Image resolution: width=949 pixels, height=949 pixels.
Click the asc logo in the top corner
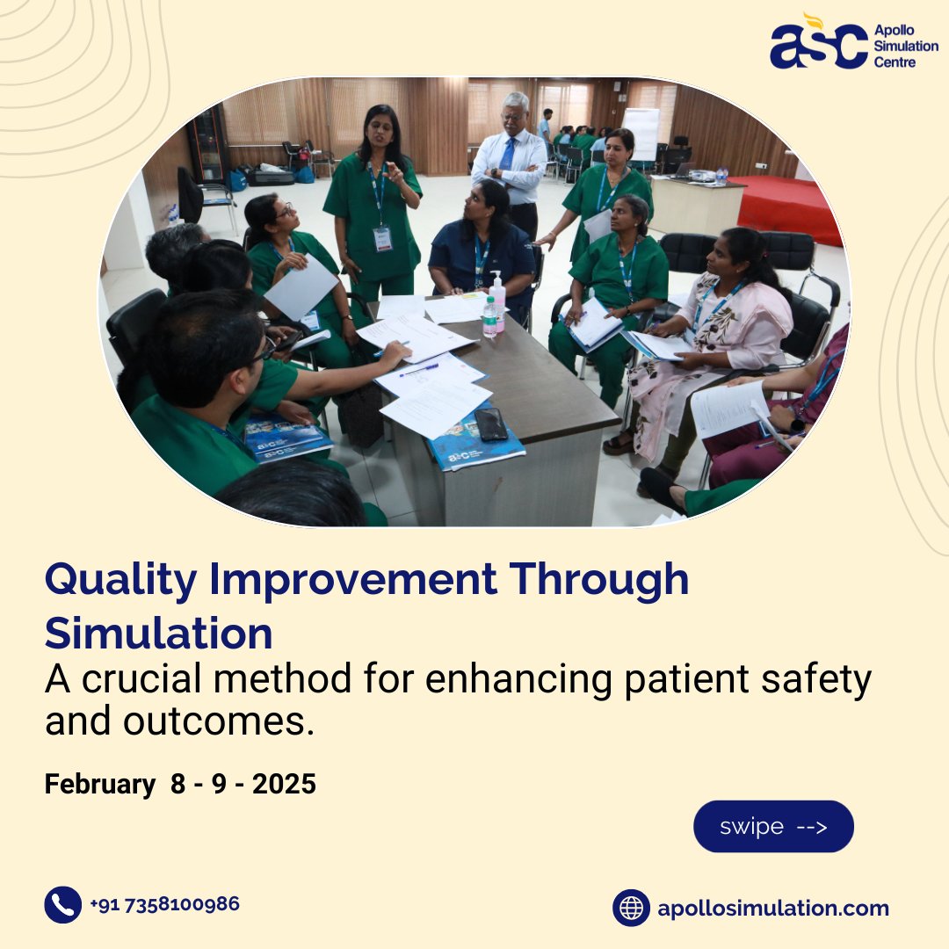coord(818,45)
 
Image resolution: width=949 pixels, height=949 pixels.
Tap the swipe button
coord(773,826)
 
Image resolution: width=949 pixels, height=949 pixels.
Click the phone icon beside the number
coord(62,905)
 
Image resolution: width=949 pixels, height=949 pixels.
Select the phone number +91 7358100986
coord(164,904)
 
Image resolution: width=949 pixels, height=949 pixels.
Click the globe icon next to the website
coord(631,908)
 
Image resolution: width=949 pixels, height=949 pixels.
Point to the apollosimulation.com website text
coord(773,909)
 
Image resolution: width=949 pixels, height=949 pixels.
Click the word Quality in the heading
coord(123,581)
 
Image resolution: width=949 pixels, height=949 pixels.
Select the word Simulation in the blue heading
coord(158,633)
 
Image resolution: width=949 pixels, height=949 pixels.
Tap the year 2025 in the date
coord(284,784)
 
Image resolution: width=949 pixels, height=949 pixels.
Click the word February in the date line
coord(99,784)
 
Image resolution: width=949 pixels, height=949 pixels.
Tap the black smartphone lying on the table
coord(491,423)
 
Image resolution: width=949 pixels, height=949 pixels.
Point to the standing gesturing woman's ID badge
coord(382,238)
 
